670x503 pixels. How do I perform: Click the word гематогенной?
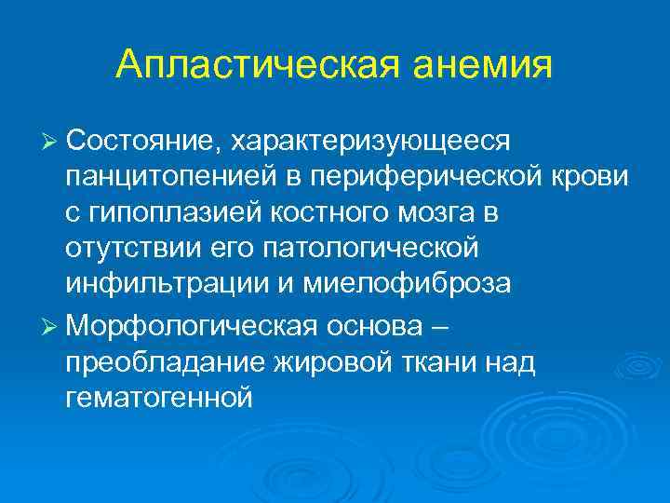coord(159,399)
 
